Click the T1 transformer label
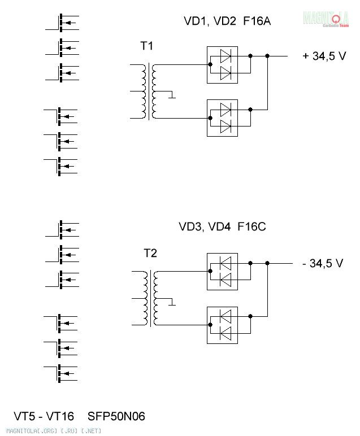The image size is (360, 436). [146, 46]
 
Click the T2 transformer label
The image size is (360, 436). [150, 253]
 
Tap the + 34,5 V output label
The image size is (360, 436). [324, 56]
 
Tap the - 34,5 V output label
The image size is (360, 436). [323, 263]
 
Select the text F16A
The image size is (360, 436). [257, 21]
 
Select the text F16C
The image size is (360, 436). [252, 226]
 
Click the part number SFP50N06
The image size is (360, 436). [116, 416]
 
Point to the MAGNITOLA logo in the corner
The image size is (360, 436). [326, 19]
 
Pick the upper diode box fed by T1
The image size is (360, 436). [222, 65]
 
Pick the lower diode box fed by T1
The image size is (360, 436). [222, 118]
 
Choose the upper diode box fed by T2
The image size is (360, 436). [222, 272]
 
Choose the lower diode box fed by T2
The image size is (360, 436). [222, 325]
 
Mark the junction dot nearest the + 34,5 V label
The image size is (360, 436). [267, 56]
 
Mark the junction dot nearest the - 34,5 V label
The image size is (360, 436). [267, 263]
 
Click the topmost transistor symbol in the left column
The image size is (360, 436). [62, 23]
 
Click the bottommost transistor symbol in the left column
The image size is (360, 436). [60, 373]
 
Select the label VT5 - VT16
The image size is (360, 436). [44, 416]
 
